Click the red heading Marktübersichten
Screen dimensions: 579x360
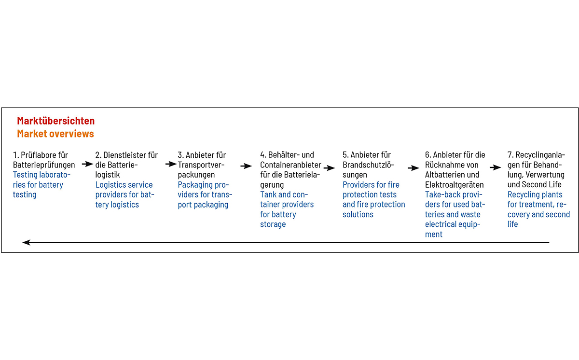(56, 121)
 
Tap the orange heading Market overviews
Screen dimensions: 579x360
(55, 134)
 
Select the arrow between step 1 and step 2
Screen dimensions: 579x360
(87, 164)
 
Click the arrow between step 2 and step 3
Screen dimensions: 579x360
(171, 164)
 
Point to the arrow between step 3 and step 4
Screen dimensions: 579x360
(246, 166)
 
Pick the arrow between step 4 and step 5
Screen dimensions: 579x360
(329, 168)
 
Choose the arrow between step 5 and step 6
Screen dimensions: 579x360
(414, 168)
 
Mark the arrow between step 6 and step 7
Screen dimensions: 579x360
(495, 167)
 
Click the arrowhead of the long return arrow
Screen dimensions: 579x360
(27, 242)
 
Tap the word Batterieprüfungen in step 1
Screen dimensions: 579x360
(44, 165)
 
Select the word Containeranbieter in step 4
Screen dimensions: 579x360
(290, 165)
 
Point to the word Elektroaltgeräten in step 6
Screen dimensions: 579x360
(455, 185)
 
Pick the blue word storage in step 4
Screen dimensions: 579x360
(273, 224)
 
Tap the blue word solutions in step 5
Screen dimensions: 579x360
(358, 214)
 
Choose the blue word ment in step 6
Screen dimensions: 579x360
(434, 235)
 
